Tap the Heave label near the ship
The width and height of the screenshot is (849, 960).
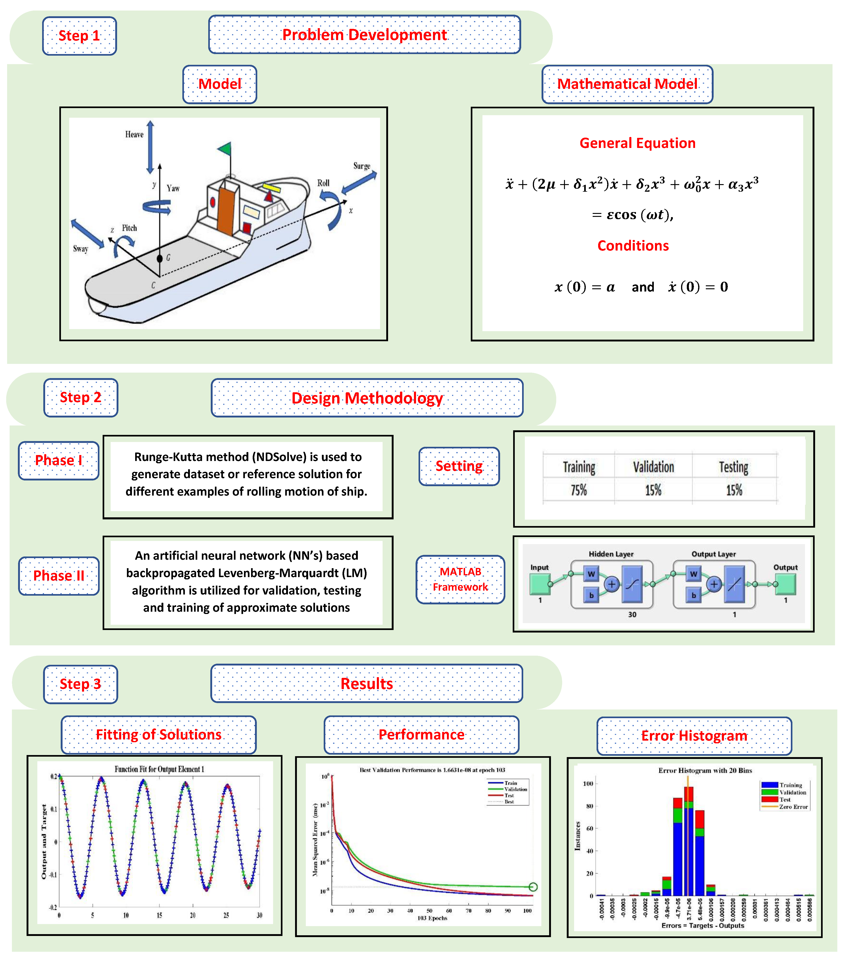coord(134,134)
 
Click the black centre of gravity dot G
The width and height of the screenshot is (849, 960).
coord(160,258)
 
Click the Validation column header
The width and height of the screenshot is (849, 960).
coord(653,467)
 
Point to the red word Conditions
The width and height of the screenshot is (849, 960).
coord(633,246)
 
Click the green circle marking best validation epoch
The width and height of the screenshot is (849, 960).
coord(533,887)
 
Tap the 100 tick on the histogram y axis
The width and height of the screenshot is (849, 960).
coord(588,783)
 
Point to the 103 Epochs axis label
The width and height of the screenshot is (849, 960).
coord(432,918)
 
